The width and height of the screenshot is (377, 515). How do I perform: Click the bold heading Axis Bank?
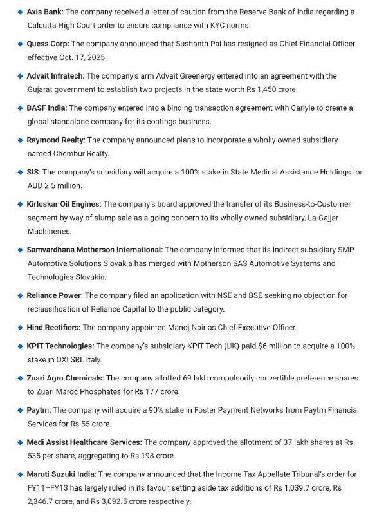pyautogui.click(x=45, y=12)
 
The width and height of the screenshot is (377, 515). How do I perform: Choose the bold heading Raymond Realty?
pyautogui.click(x=56, y=140)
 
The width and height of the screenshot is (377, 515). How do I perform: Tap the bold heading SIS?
pyautogui.click(x=33, y=172)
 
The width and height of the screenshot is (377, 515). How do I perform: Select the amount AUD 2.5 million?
pyautogui.click(x=55, y=185)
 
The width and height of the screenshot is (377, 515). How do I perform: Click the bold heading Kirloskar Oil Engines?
pyautogui.click(x=64, y=204)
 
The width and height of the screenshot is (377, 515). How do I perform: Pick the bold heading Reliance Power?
pyautogui.click(x=55, y=295)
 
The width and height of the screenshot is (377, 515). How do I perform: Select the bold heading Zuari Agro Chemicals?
pyautogui.click(x=65, y=378)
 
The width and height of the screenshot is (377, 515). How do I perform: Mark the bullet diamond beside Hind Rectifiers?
pyautogui.click(x=20, y=327)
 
